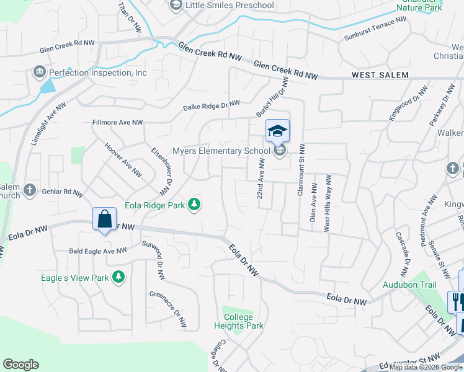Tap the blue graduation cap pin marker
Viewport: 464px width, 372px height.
coord(277,130)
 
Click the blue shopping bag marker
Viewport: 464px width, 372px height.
coord(105,219)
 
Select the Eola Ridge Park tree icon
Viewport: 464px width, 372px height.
coord(194,205)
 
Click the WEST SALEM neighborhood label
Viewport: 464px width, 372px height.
coord(380,75)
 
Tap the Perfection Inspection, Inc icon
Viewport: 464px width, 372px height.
coord(40,73)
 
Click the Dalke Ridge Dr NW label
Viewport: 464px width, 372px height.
coord(211,106)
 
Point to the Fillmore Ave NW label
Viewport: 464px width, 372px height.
coord(117,123)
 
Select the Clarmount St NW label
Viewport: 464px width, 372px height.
coord(300,170)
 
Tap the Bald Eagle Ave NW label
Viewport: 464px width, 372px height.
coord(97,250)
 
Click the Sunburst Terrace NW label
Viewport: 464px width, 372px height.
coord(375,29)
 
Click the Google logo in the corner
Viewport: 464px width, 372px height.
coord(20,364)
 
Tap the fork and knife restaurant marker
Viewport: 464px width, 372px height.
coord(457,301)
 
